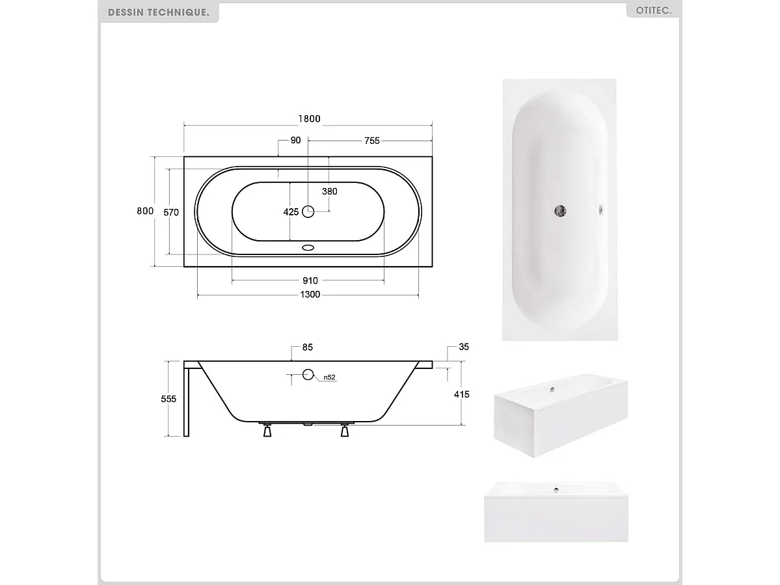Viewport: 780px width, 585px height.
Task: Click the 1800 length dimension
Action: pyautogui.click(x=310, y=119)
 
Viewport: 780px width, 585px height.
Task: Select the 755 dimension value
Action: pyautogui.click(x=371, y=141)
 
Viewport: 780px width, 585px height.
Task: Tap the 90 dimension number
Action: pyautogui.click(x=295, y=141)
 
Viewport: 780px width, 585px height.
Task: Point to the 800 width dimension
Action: pyautogui.click(x=145, y=211)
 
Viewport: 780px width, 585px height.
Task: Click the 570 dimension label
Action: pyautogui.click(x=171, y=212)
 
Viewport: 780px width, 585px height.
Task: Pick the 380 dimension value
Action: pyautogui.click(x=330, y=191)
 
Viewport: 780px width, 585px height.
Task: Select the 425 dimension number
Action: pyautogui.click(x=291, y=212)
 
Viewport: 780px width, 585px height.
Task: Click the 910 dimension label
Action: pyautogui.click(x=310, y=281)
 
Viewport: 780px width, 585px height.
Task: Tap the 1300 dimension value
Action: pyautogui.click(x=310, y=295)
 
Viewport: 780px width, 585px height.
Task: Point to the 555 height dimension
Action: pyautogui.click(x=168, y=399)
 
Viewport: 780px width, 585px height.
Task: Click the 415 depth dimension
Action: pyautogui.click(x=462, y=394)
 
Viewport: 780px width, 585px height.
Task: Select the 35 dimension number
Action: pyautogui.click(x=463, y=347)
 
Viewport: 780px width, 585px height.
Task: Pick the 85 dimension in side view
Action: pyautogui.click(x=307, y=347)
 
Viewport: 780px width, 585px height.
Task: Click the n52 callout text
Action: pyautogui.click(x=329, y=377)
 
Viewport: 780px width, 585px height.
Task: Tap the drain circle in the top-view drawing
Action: pyautogui.click(x=308, y=211)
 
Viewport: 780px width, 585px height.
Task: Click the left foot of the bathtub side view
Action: pyautogui.click(x=267, y=429)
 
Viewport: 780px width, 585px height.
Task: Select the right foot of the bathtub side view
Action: pyautogui.click(x=345, y=429)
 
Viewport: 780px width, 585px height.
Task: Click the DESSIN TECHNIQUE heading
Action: pyautogui.click(x=158, y=12)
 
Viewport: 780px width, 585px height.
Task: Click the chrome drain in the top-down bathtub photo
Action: pyautogui.click(x=559, y=210)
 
